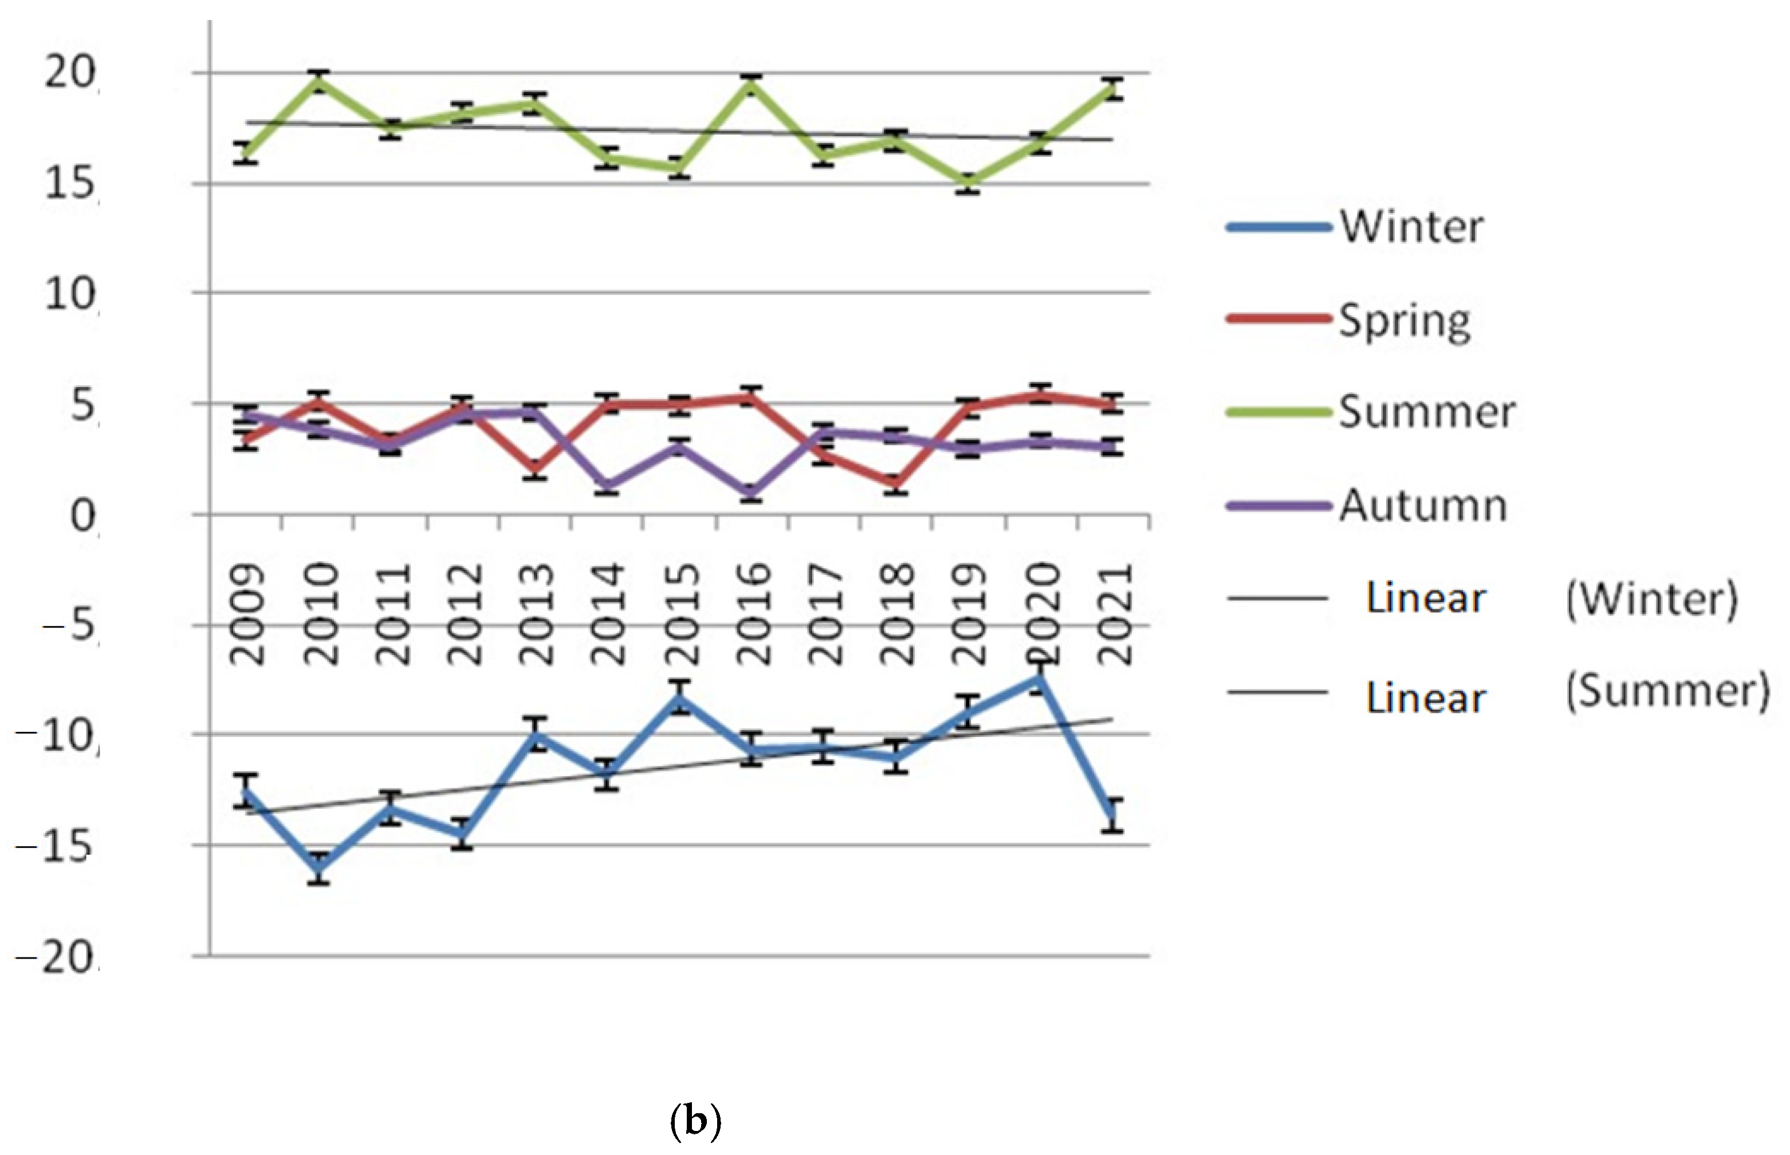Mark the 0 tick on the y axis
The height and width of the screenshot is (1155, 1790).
[x=82, y=516]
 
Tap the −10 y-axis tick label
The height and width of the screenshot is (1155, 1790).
[x=56, y=736]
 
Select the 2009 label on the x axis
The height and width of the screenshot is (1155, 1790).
[x=247, y=614]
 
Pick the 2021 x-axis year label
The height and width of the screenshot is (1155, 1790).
[x=1114, y=614]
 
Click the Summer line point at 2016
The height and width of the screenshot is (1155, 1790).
[x=751, y=84]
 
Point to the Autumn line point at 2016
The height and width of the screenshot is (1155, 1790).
[x=751, y=492]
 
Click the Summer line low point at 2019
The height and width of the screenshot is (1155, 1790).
[x=968, y=182]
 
